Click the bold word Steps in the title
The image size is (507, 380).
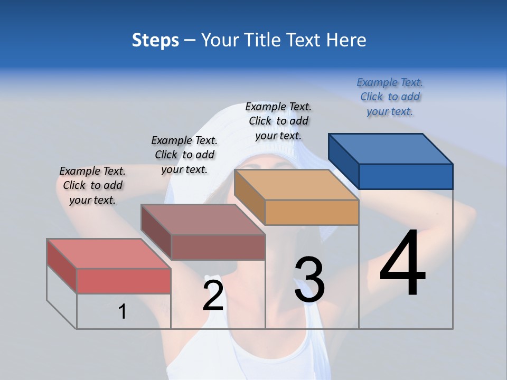[155, 40]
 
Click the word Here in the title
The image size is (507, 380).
[346, 40]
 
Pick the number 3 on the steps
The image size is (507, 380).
[309, 280]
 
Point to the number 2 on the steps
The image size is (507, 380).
[213, 295]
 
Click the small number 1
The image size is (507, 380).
[122, 312]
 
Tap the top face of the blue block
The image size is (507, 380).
[391, 148]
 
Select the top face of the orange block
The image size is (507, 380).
[296, 185]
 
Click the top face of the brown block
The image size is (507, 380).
[203, 220]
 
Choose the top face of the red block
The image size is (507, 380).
[109, 253]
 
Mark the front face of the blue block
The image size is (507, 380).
[406, 176]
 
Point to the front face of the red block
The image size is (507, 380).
[124, 281]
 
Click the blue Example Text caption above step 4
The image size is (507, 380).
[390, 97]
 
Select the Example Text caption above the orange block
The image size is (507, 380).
[278, 121]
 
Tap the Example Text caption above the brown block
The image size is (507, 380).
[184, 155]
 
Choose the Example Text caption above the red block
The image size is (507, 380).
[92, 185]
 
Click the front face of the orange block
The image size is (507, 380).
[312, 213]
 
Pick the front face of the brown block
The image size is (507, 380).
[218, 247]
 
